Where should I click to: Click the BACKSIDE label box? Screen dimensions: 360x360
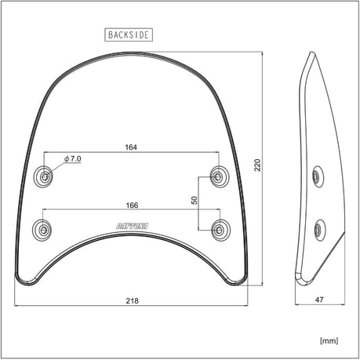point(128,35)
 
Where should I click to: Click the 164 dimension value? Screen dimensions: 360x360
point(132,146)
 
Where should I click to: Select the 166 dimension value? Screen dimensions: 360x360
point(132,205)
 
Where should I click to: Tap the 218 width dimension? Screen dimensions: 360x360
point(132,300)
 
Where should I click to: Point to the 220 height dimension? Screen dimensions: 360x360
point(256,165)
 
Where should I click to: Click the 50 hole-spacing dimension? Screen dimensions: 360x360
point(194,200)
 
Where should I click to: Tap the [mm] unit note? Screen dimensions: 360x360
point(329,341)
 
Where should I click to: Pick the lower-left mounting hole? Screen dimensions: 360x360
point(42,231)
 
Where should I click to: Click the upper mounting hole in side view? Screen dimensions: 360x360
point(317,176)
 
